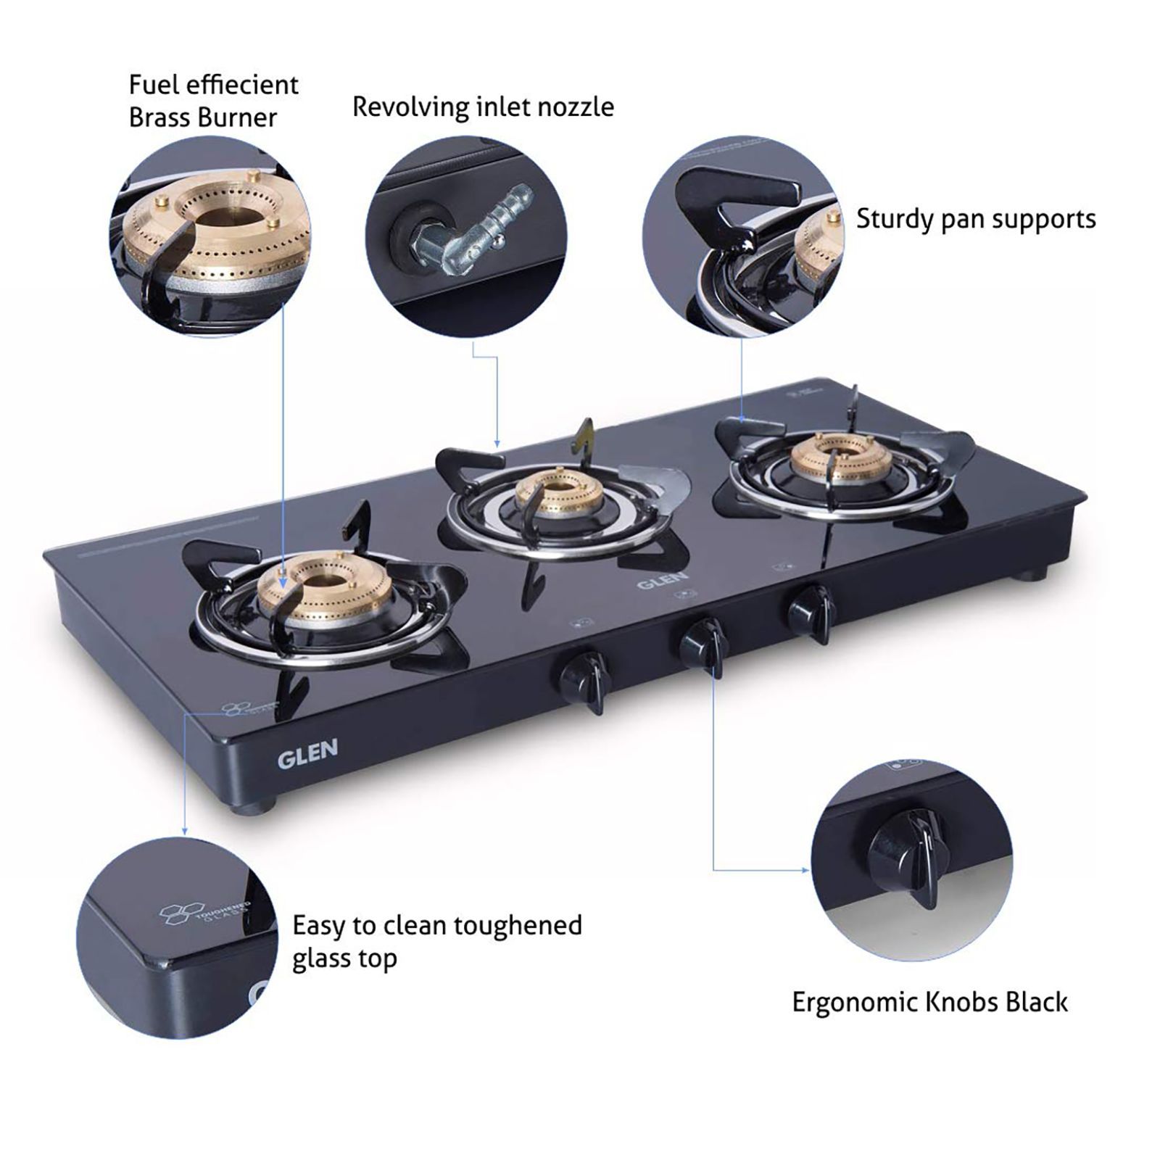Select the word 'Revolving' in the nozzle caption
pos(411,107)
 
